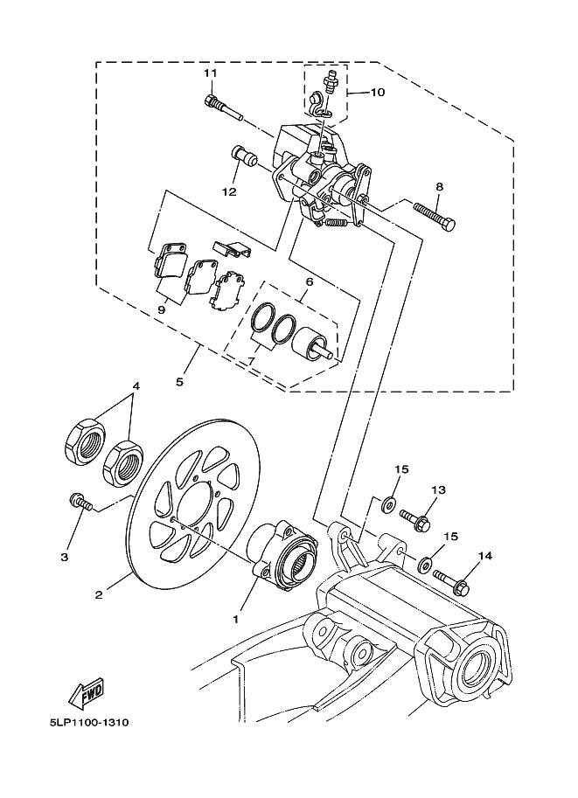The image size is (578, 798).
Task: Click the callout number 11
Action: [211, 73]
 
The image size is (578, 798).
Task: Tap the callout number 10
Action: [378, 92]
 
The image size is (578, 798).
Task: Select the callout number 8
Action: [439, 187]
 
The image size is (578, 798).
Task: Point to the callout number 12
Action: [228, 191]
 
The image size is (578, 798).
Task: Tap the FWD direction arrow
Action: [87, 693]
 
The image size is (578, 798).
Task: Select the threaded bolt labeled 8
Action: [434, 218]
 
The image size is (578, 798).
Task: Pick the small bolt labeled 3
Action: [80, 502]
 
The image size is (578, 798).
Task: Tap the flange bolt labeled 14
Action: [450, 581]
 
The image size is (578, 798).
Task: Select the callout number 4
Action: [136, 385]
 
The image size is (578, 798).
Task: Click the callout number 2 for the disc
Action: [99, 594]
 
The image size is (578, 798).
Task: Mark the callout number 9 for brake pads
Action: [162, 309]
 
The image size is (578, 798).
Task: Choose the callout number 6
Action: [310, 281]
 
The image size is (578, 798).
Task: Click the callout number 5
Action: [180, 381]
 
